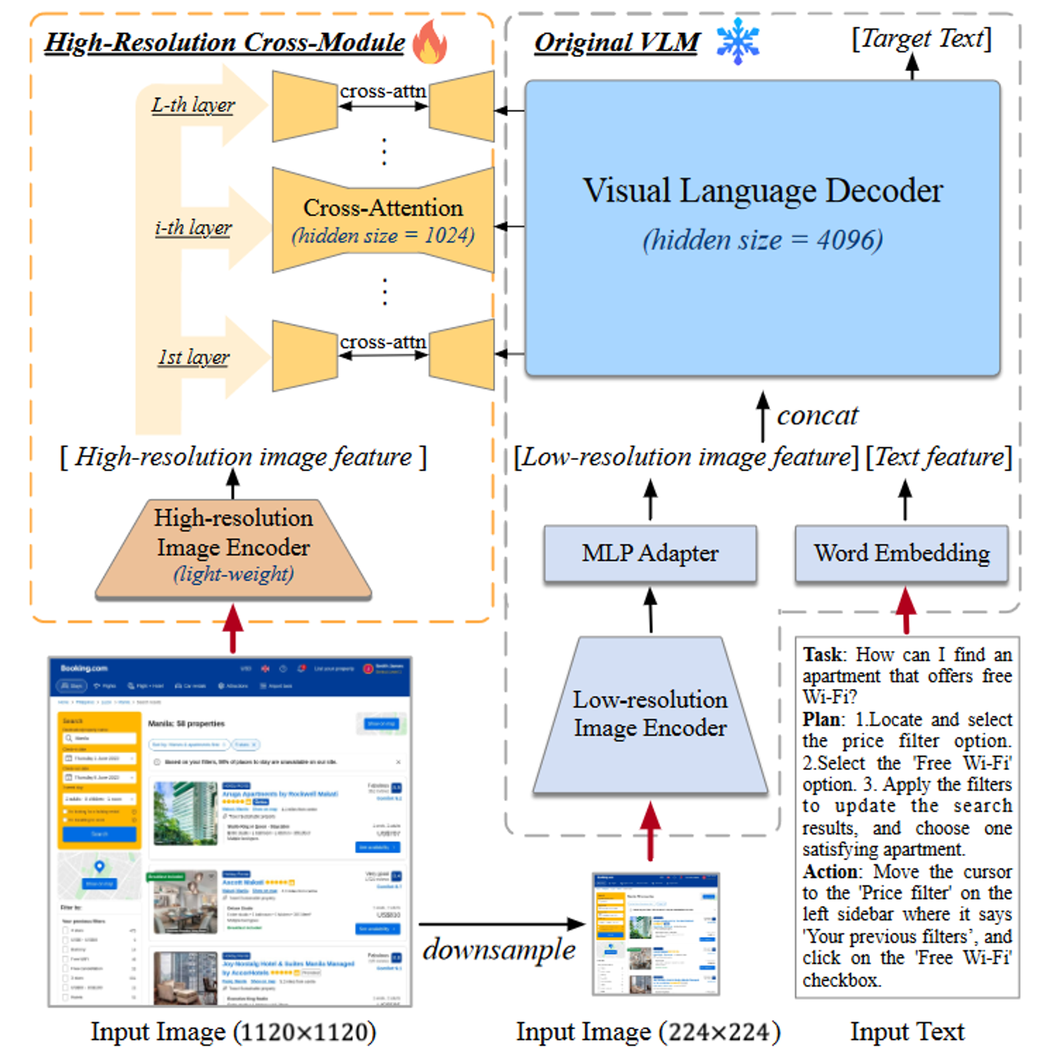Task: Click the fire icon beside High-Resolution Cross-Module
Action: click(429, 42)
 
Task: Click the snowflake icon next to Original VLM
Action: click(737, 41)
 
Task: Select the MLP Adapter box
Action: click(650, 553)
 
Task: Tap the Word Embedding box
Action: click(901, 553)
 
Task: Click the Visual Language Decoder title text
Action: click(763, 191)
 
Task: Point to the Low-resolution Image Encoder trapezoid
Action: click(650, 714)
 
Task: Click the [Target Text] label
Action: click(921, 38)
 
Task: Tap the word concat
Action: click(817, 416)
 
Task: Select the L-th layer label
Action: click(193, 105)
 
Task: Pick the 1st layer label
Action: click(193, 357)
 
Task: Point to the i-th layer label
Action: click(193, 227)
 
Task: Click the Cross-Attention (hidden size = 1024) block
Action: click(383, 220)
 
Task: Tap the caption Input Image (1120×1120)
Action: click(233, 1031)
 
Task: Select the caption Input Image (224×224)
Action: click(648, 1031)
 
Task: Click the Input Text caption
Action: click(907, 1031)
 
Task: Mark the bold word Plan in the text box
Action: click(821, 719)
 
